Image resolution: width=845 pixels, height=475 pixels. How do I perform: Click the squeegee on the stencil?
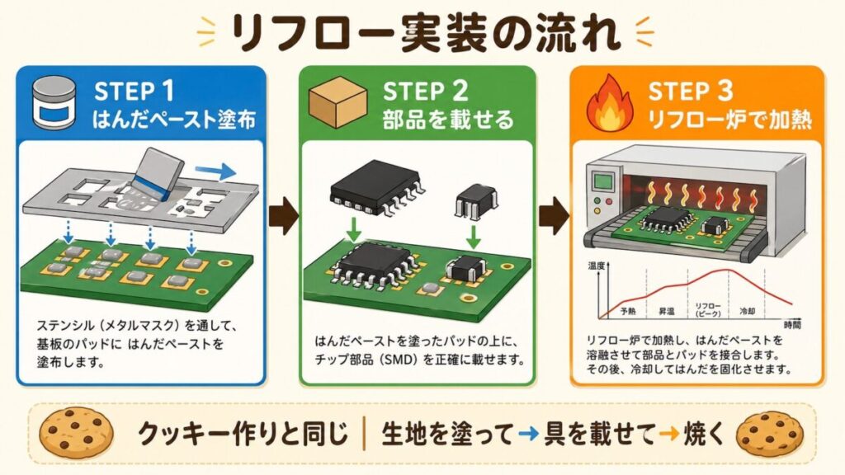(x=159, y=173)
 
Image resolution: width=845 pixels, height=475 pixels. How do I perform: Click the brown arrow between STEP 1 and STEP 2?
(x=282, y=216)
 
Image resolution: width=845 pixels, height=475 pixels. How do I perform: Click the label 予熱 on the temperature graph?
(x=628, y=313)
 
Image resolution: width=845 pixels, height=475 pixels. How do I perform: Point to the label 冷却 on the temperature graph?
(x=744, y=313)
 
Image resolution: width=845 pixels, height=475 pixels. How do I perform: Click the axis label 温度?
(x=597, y=266)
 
